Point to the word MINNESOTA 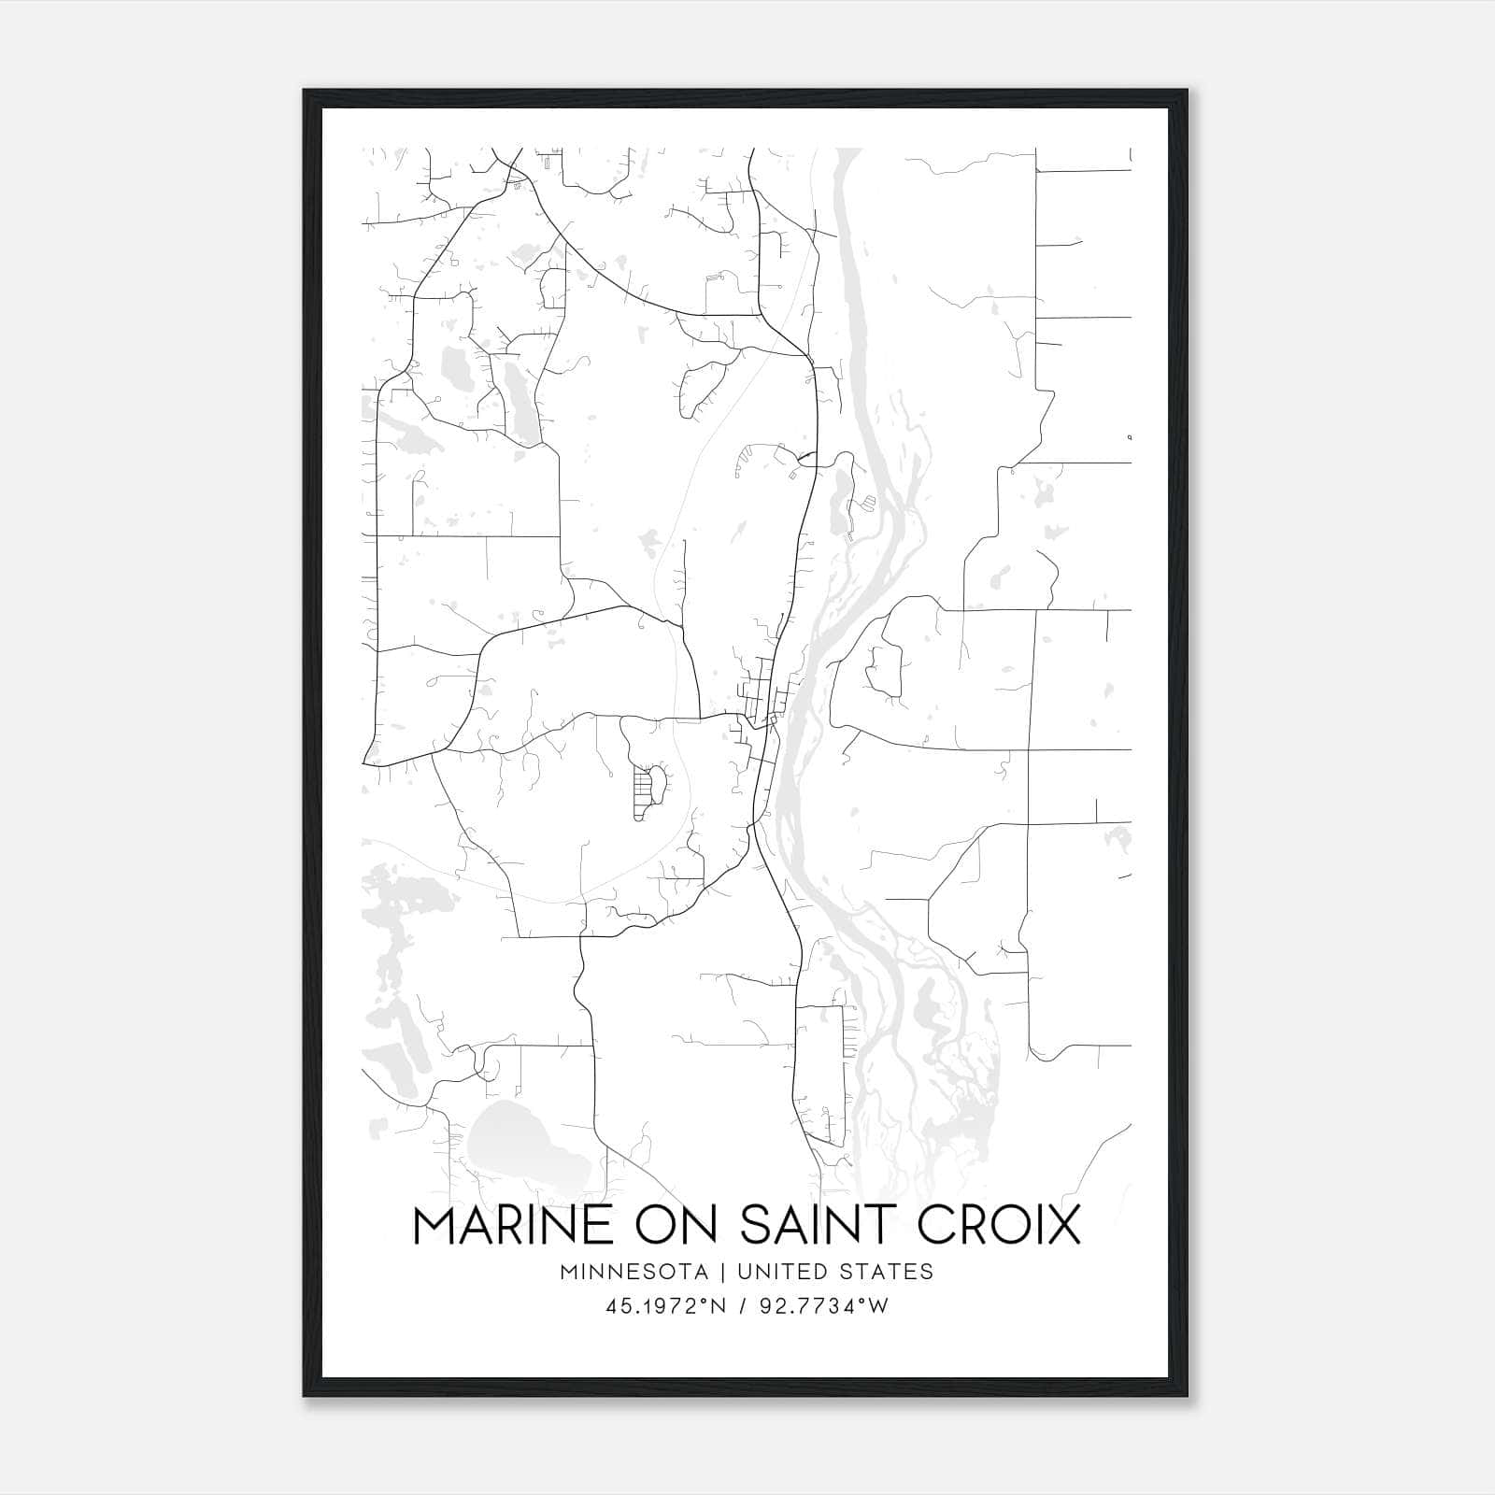(x=640, y=1272)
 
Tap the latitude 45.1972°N (x=666, y=1306)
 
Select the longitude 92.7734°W (x=825, y=1306)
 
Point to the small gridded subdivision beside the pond (x=642, y=790)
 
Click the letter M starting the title (x=434, y=1225)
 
